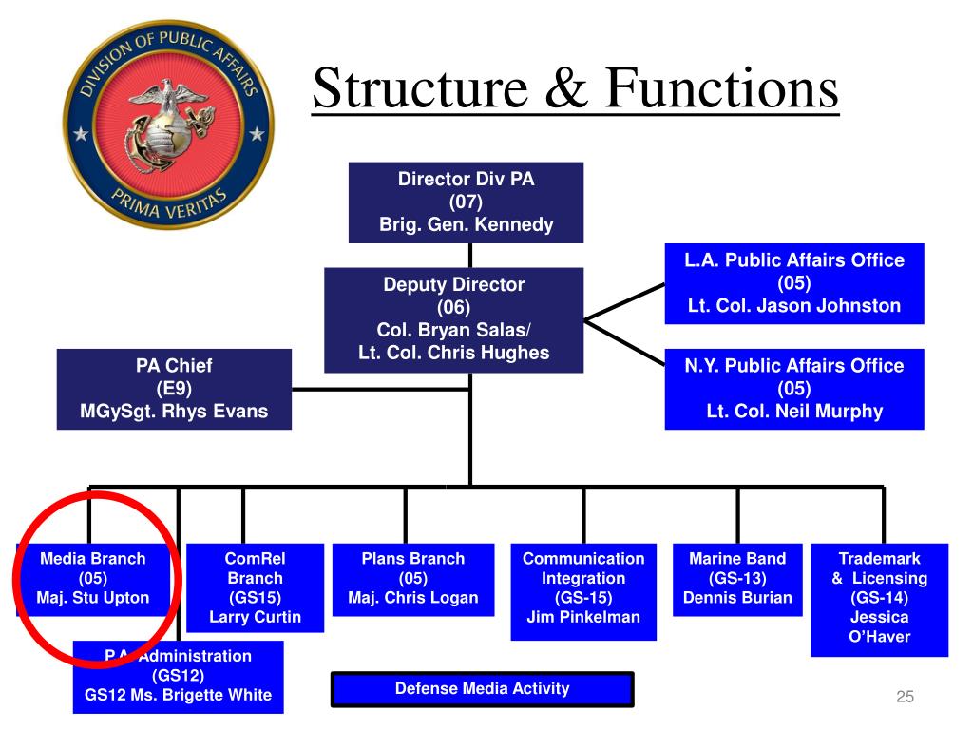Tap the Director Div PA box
(466, 202)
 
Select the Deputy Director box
(453, 318)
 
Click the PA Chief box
(174, 389)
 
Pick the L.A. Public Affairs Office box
(794, 283)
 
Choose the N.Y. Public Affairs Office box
(794, 389)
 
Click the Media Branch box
(92, 579)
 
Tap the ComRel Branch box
(255, 587)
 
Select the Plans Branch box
(413, 579)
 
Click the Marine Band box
(737, 579)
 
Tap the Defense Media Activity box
(482, 689)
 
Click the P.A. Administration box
(178, 676)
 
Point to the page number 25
(904, 699)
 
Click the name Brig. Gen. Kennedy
(466, 226)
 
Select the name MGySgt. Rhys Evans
(174, 412)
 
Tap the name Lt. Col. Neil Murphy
(794, 412)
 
